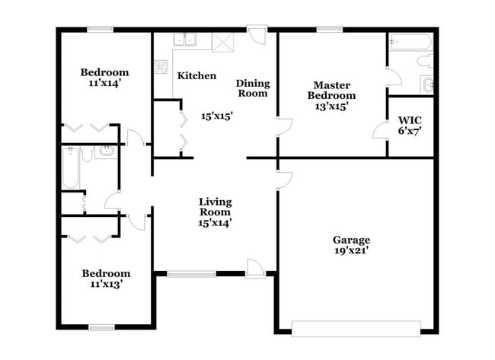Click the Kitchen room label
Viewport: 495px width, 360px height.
click(196, 76)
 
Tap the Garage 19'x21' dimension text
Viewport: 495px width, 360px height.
click(351, 250)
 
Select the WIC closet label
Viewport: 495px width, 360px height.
click(410, 120)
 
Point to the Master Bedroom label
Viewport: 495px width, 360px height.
click(331, 91)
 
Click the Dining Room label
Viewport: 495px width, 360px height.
click(252, 88)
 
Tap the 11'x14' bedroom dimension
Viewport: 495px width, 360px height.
click(104, 84)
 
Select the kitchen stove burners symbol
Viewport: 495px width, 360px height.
click(161, 67)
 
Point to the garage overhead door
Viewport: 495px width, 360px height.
click(356, 328)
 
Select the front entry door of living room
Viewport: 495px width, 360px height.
click(256, 267)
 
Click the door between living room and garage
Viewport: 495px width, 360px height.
click(283, 179)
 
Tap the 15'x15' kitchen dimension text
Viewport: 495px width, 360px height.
click(216, 116)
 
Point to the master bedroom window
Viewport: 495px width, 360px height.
click(329, 30)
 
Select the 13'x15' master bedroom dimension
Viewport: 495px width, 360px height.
click(331, 107)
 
